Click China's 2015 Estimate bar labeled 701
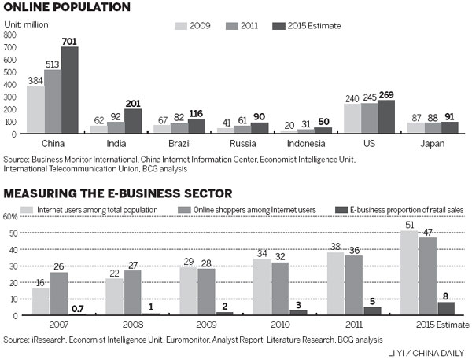tap(70, 90)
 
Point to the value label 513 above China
tap(52, 64)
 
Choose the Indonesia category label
tap(309, 144)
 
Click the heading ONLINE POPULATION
tap(65, 7)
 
